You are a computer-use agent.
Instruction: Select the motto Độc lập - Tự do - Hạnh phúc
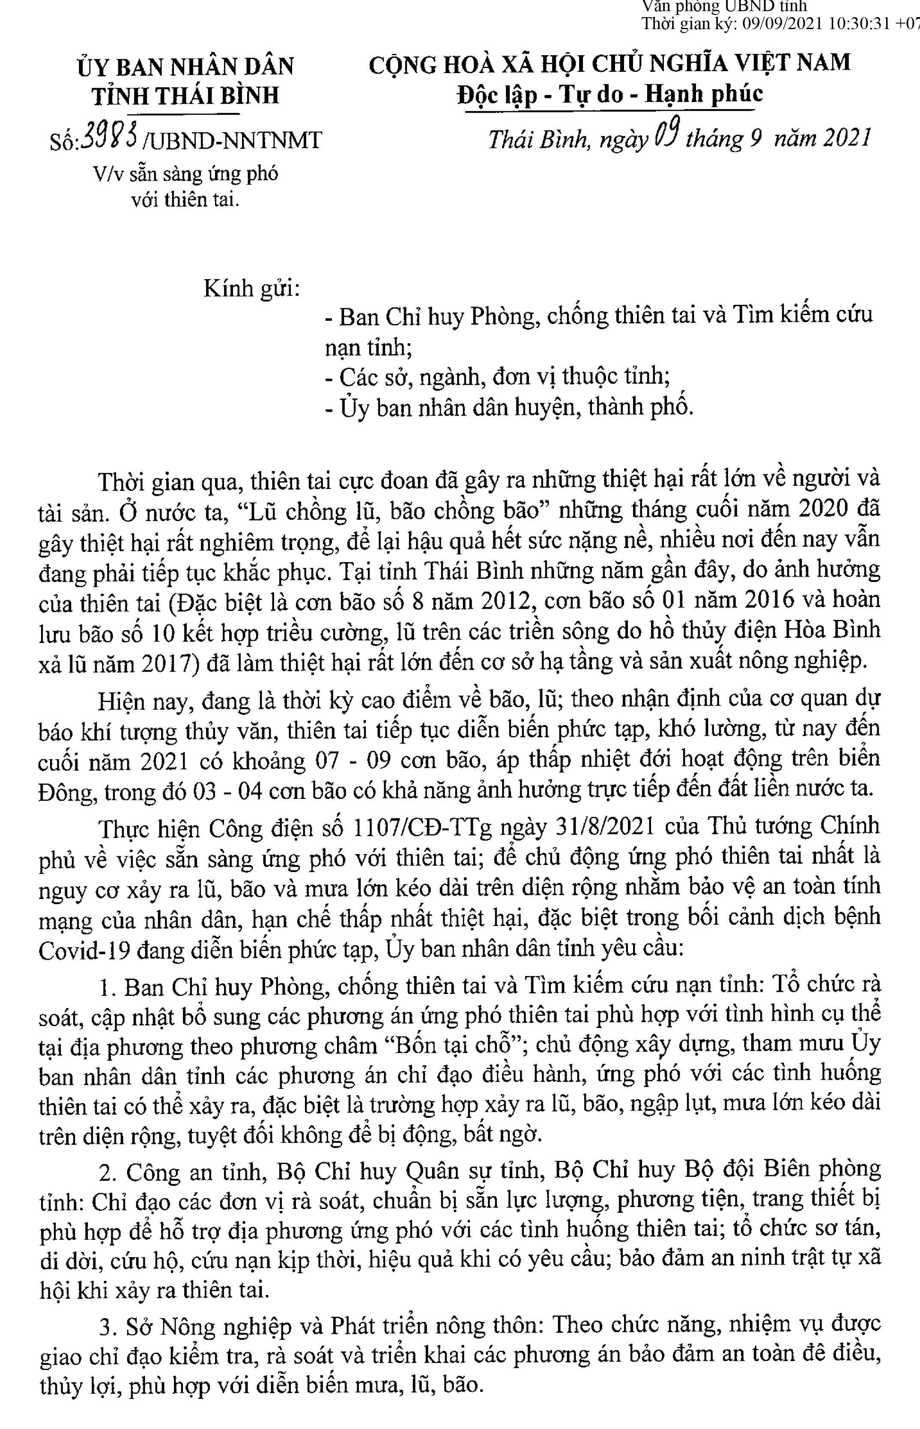(x=609, y=94)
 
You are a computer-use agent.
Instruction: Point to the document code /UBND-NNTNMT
(x=233, y=141)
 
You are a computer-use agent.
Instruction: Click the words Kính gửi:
(x=251, y=289)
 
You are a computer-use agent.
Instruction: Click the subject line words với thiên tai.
(x=185, y=199)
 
